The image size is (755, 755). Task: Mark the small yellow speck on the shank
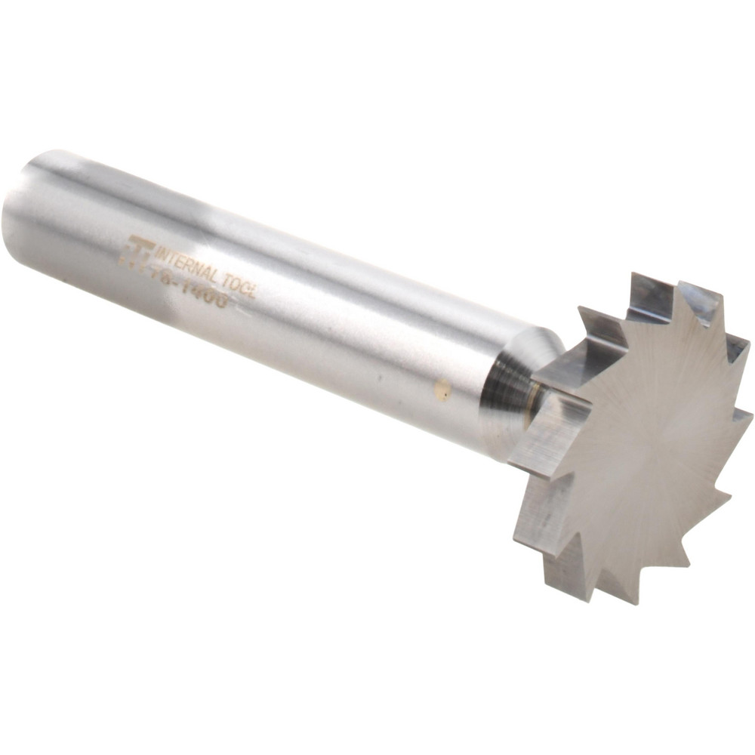(444, 390)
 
